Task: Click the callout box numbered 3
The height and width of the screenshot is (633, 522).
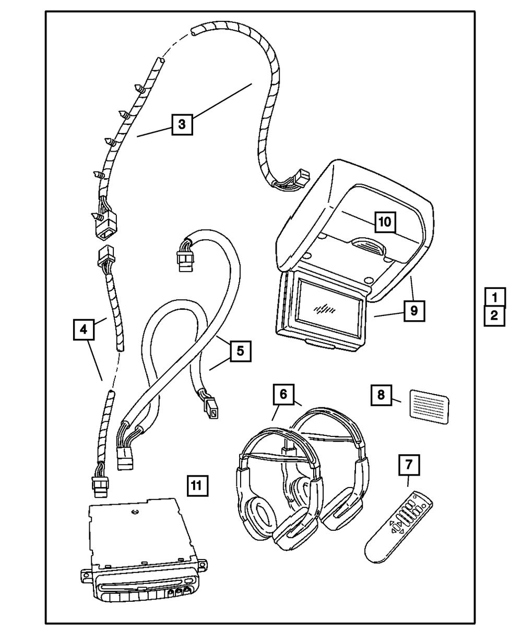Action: [x=181, y=124]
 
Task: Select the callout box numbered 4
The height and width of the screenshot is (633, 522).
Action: [x=83, y=330]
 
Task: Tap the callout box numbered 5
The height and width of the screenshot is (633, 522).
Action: [x=240, y=351]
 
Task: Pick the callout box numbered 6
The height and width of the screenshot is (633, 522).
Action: [x=283, y=395]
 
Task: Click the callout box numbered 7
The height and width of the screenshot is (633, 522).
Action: [x=410, y=465]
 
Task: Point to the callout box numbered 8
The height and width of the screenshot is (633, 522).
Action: [x=381, y=395]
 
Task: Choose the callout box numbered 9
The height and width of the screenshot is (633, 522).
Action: [x=413, y=311]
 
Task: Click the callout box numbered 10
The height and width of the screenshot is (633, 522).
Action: [x=384, y=222]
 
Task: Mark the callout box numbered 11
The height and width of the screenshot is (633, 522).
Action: [x=196, y=485]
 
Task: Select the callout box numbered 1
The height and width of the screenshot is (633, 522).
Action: [x=494, y=297]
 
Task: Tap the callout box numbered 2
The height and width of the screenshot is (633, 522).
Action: [x=494, y=315]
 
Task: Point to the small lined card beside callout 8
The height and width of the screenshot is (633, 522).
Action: [x=429, y=406]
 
